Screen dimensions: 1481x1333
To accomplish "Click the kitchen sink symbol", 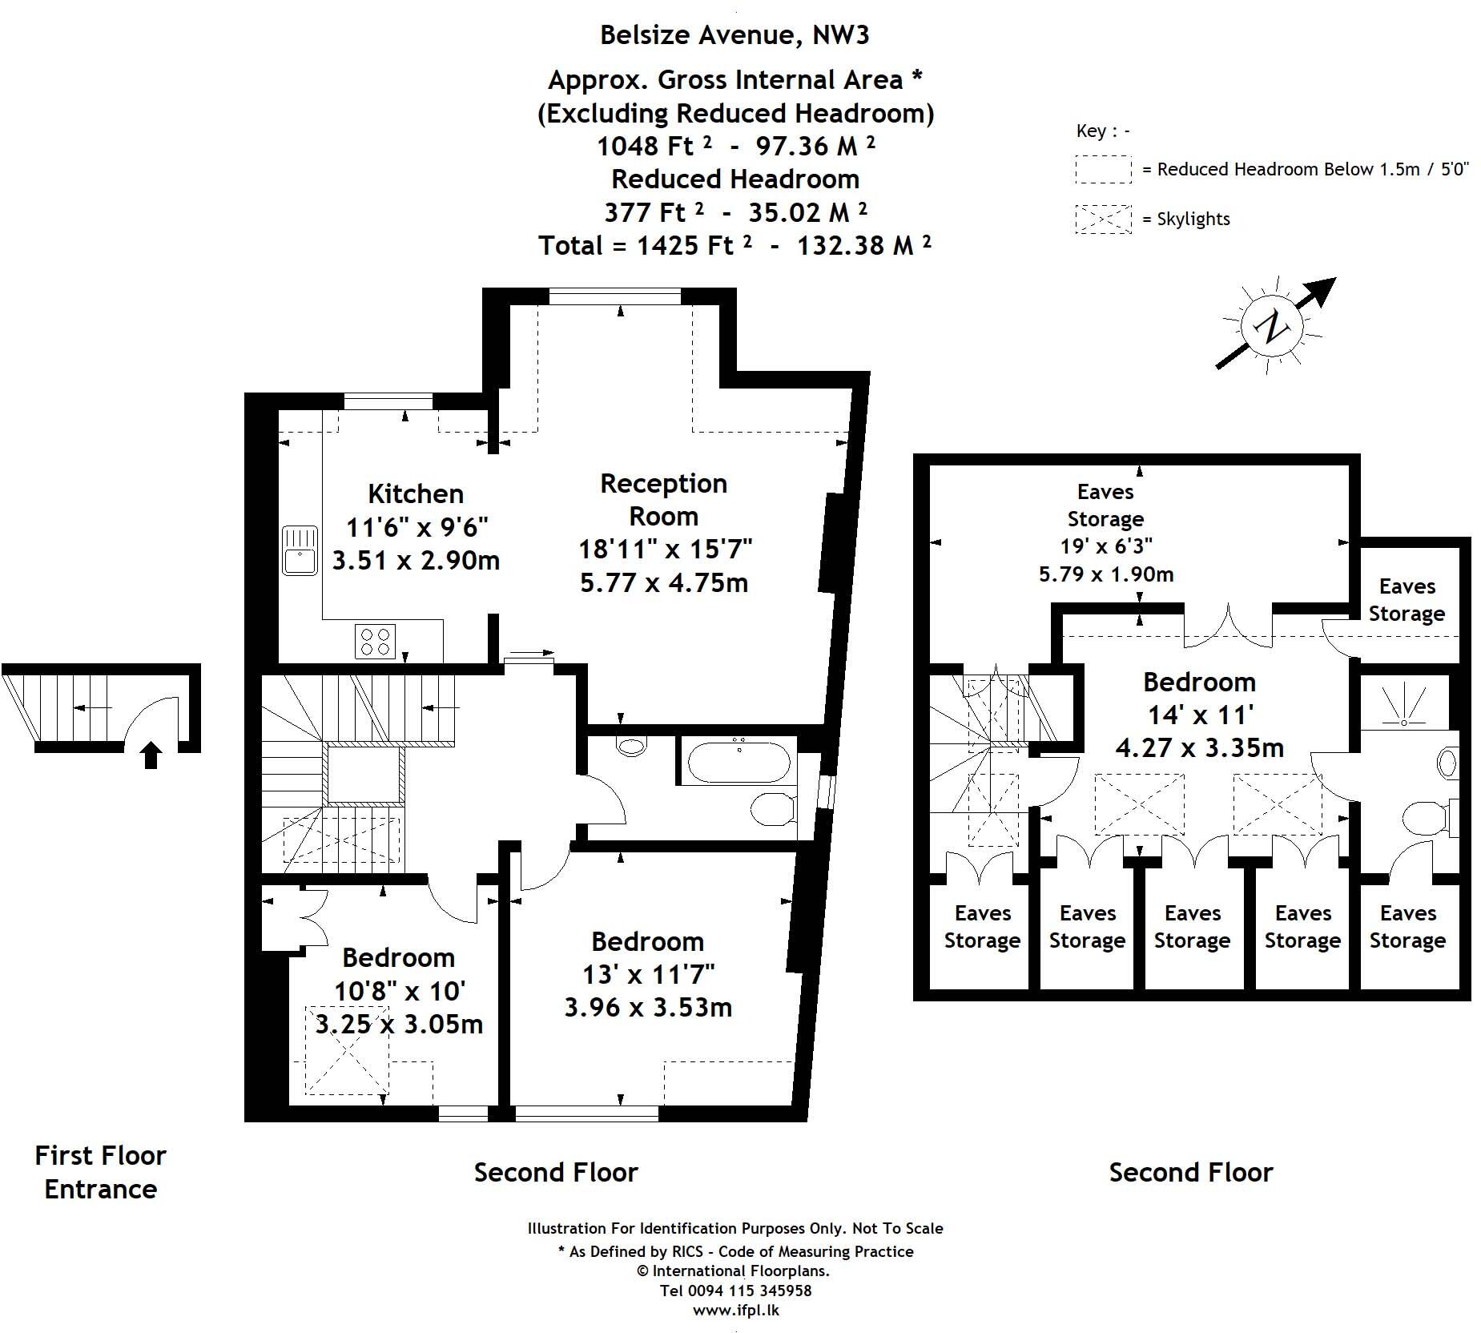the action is click(x=300, y=550).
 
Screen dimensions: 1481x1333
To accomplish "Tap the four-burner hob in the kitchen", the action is click(x=376, y=641).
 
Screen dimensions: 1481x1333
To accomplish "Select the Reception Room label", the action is click(x=664, y=500).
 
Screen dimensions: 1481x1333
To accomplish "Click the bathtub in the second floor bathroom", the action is click(x=738, y=760).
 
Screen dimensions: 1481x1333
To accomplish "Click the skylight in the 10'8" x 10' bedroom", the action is click(x=348, y=1050).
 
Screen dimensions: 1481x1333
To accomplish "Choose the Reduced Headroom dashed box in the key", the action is click(x=1103, y=170).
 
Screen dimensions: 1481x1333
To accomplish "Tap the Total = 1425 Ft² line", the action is click(x=734, y=245).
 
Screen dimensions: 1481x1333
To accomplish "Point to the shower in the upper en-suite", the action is click(x=1405, y=703).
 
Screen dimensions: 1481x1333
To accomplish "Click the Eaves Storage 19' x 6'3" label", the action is click(x=1106, y=533).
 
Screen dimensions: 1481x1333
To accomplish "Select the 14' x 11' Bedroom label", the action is click(x=1199, y=715).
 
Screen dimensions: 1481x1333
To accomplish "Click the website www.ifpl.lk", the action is click(x=735, y=1311).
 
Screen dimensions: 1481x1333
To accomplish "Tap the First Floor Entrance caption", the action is click(x=101, y=1172).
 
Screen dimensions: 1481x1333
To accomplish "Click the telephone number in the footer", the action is click(x=735, y=1291).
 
